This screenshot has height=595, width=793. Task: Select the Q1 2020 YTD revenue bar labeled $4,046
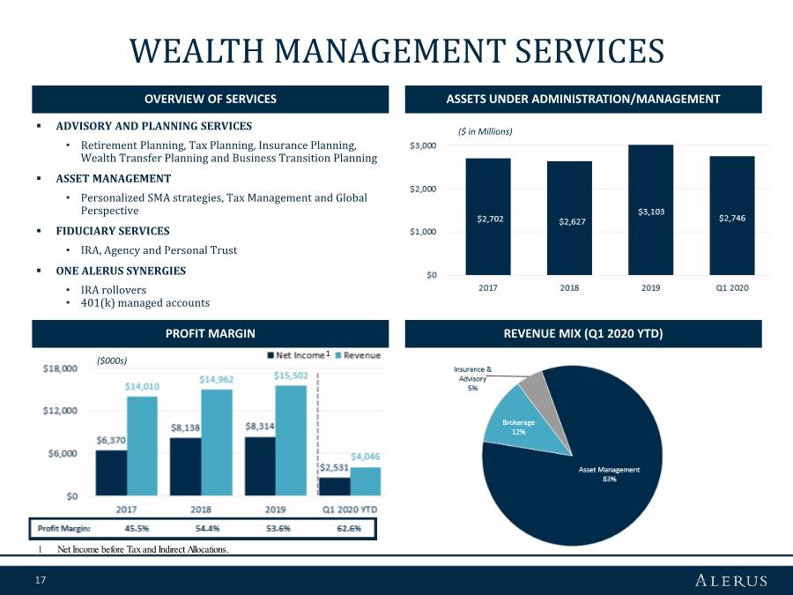pos(366,480)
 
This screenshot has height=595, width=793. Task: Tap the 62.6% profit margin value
pos(349,529)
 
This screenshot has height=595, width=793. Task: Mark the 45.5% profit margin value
pos(125,529)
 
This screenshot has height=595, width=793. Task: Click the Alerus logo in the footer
pos(730,580)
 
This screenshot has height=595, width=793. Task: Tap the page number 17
pos(40,580)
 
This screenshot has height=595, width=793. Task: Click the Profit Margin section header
pos(211,333)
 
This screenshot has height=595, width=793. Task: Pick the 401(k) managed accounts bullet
pos(145,302)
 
